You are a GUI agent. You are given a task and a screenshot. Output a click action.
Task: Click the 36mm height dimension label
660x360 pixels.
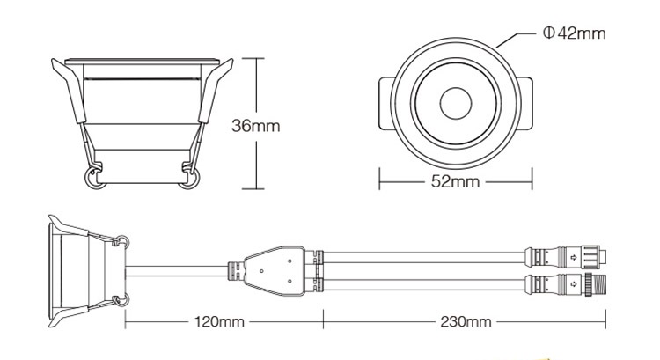255,125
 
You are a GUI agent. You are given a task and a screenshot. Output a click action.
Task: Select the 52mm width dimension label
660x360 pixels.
455,182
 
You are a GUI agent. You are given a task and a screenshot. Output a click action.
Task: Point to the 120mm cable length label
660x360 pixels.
218,321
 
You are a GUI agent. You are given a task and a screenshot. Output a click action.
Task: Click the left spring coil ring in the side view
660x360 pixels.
92,180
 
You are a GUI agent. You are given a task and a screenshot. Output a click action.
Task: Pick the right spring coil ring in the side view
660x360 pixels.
188,180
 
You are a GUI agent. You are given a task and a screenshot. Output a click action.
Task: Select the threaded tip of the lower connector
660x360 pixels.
603,284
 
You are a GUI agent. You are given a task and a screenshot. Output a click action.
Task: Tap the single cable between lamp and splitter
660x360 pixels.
176,268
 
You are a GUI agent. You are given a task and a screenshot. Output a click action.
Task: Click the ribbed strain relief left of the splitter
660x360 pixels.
235,268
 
